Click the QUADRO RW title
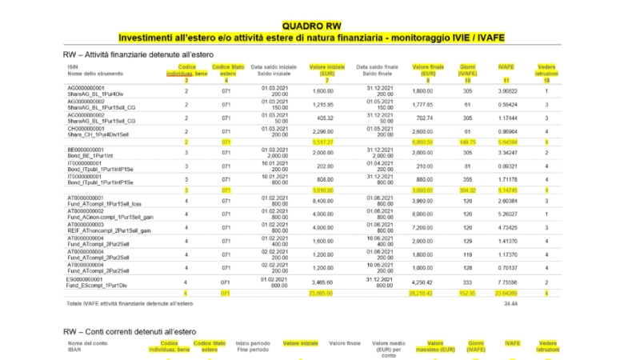coord(310,26)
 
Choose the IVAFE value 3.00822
coord(506,91)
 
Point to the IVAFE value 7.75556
coord(506,282)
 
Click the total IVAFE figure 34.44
coord(506,305)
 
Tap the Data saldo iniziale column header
coord(273,70)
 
